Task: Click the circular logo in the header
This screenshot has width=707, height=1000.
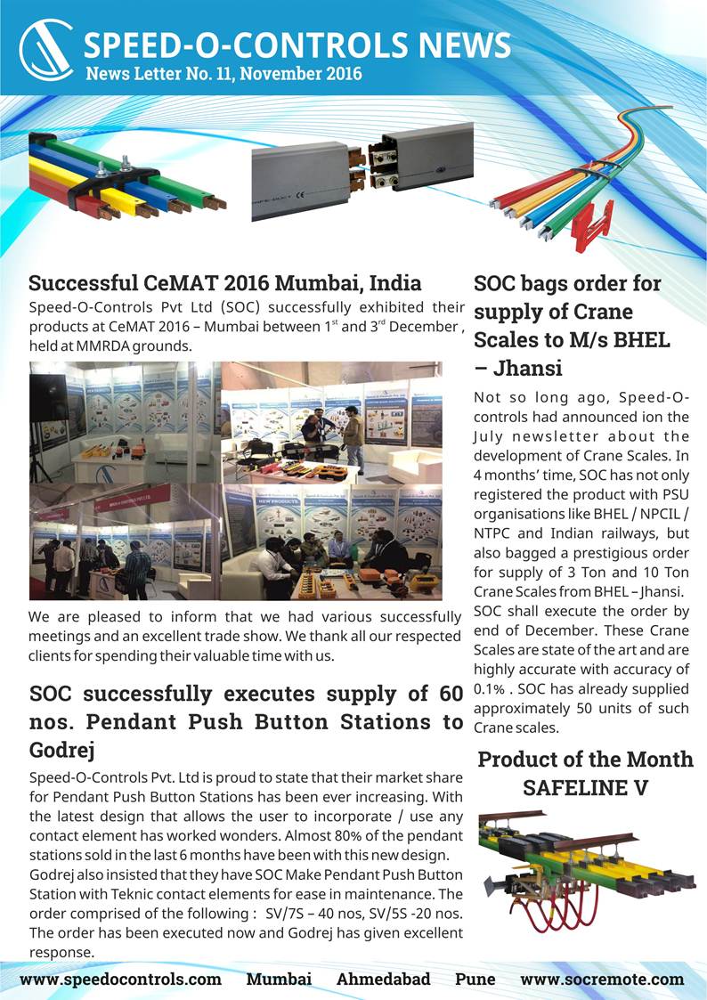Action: [x=45, y=51]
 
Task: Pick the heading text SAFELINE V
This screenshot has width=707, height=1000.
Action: [x=584, y=788]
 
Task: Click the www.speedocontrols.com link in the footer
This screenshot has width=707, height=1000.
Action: [x=120, y=979]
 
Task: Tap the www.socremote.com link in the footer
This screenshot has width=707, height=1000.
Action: [x=602, y=979]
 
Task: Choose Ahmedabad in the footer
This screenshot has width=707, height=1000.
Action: [x=383, y=979]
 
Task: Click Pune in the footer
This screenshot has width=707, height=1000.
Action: [x=475, y=979]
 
